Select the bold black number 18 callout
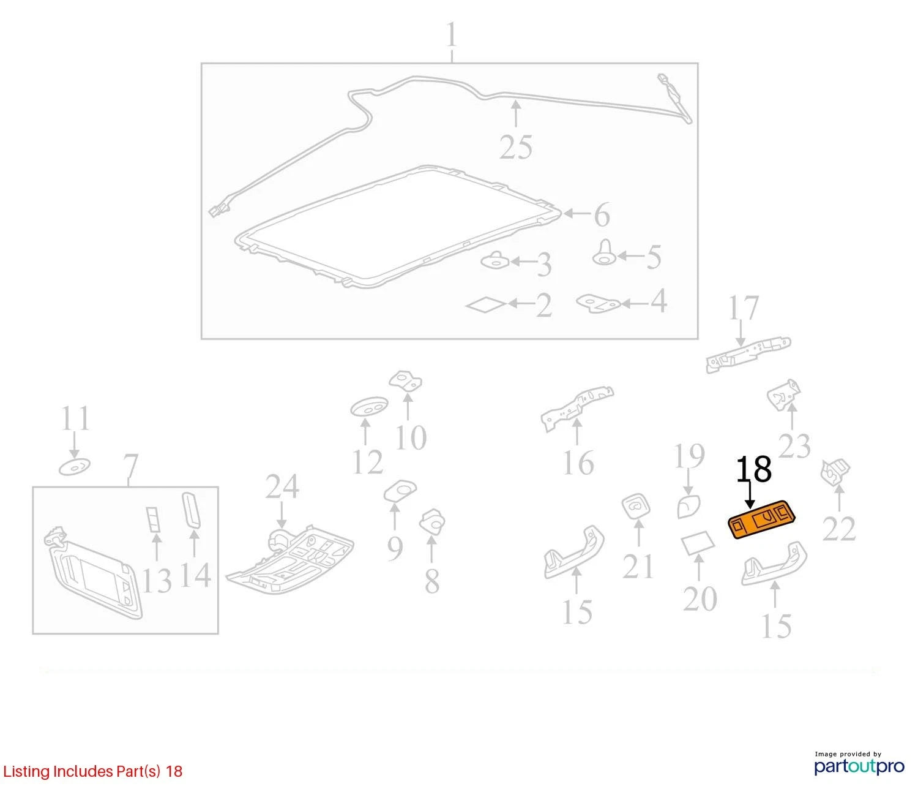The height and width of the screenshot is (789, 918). [x=753, y=469]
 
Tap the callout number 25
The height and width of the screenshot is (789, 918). [x=516, y=147]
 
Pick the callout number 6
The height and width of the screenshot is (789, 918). [x=602, y=214]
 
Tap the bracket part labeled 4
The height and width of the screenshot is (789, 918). [x=598, y=303]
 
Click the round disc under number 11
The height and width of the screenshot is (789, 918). [x=75, y=467]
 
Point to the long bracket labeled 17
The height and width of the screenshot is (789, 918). [x=748, y=355]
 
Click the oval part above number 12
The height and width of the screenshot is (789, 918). [x=368, y=407]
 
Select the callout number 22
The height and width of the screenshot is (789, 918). [x=839, y=529]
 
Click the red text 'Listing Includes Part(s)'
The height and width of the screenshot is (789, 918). [x=82, y=771]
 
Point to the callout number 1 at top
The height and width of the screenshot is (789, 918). [x=451, y=35]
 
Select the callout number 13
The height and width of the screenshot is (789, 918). [x=156, y=581]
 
